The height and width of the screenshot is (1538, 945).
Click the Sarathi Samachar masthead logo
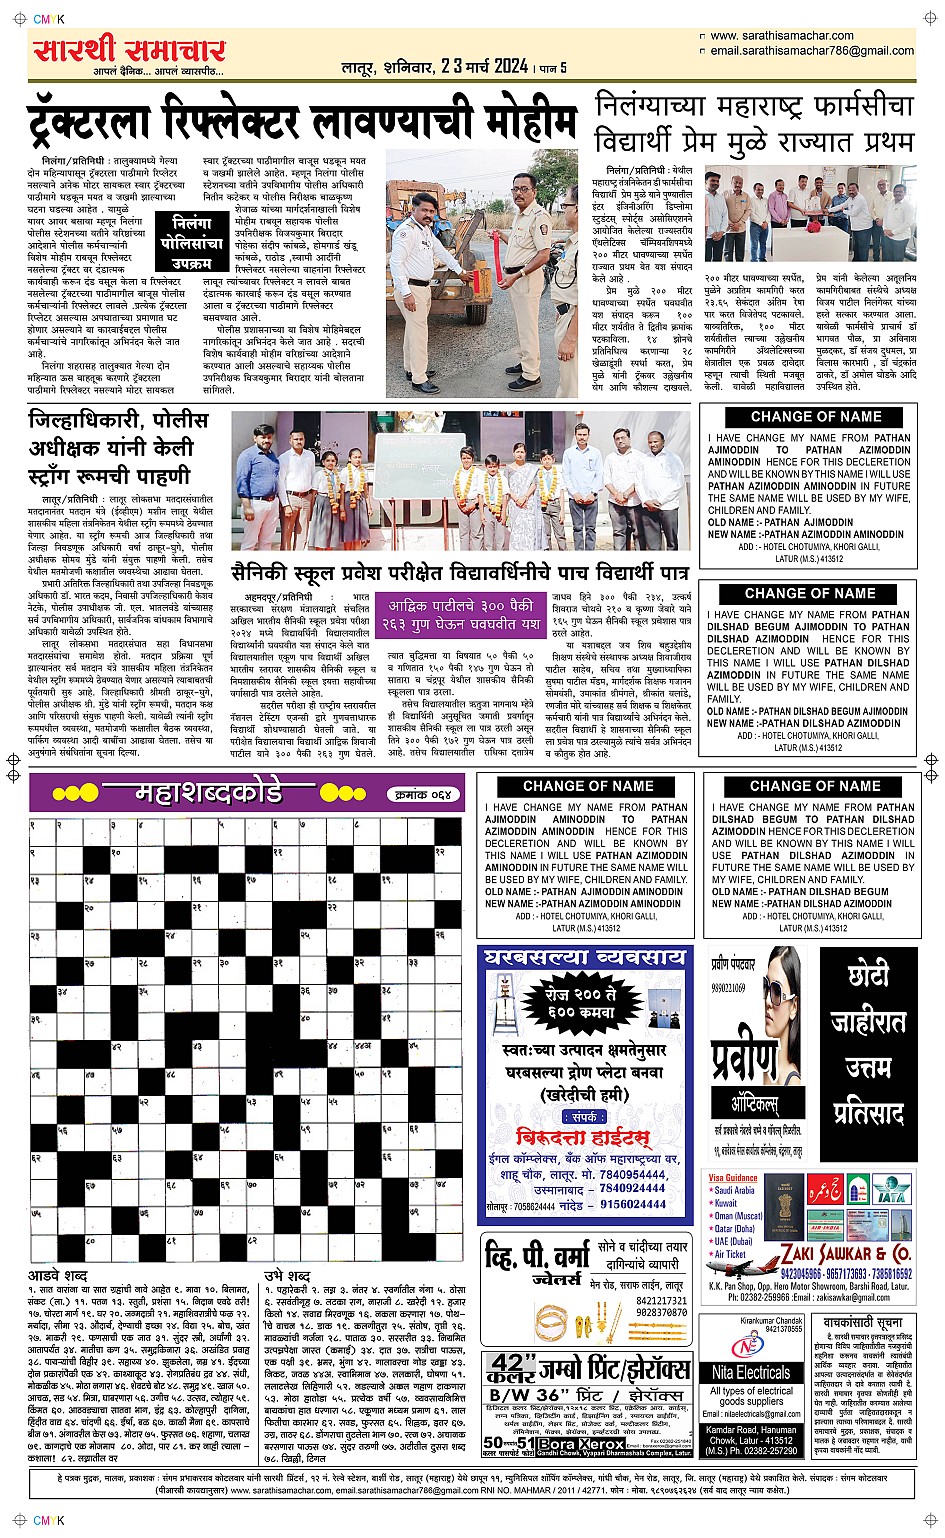point(129,51)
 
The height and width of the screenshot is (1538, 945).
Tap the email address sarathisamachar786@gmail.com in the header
point(812,51)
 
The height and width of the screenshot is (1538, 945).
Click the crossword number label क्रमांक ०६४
point(424,795)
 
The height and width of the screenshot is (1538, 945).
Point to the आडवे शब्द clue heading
point(58,1277)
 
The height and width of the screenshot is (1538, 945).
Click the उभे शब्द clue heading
point(287,1277)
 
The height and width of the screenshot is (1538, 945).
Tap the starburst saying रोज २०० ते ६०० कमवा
point(582,1003)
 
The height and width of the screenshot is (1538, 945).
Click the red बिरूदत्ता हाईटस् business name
point(582,1137)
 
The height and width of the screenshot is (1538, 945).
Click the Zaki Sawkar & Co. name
point(846,1253)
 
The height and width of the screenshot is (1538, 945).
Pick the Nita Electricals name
point(750,1373)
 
